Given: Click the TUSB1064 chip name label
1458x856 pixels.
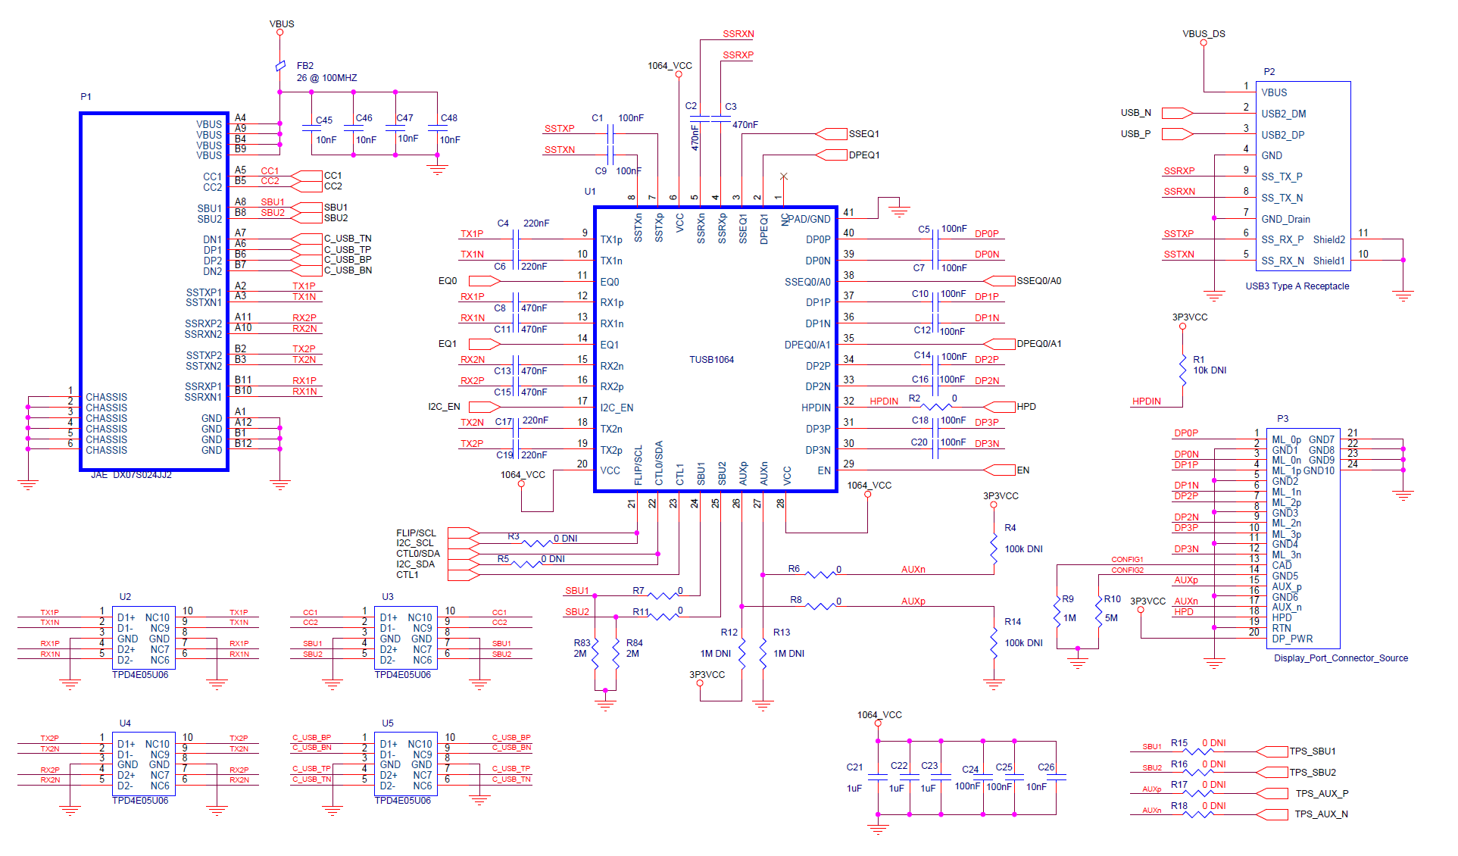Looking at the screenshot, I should coord(711,360).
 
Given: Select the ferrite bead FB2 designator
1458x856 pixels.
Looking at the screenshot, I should coord(305,66).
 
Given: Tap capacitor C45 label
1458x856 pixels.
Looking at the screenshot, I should coord(324,120).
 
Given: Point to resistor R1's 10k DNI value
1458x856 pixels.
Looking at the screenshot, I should coord(1210,370).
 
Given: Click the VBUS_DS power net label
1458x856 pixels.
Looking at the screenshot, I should coord(1204,34).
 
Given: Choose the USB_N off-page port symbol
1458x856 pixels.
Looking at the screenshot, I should coord(1176,114).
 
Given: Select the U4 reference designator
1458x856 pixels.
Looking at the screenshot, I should coord(125,723).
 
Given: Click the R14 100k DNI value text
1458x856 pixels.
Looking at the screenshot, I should coord(1023,643).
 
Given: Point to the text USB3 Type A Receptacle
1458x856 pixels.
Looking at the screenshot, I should coord(1297,286).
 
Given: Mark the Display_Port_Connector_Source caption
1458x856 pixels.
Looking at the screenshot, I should coord(1341,658).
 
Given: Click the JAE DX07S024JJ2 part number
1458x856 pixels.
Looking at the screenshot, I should coord(132,475).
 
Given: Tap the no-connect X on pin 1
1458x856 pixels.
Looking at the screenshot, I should coord(784,177).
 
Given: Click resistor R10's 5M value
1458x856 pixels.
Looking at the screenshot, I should coord(1111,618).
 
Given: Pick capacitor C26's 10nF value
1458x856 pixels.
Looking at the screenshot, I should coord(1036,787).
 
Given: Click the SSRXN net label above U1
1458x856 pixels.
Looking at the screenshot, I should coord(738,34).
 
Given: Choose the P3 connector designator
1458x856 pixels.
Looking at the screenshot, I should coord(1282,419).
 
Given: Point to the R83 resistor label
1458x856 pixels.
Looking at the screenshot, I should coord(582,643).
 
